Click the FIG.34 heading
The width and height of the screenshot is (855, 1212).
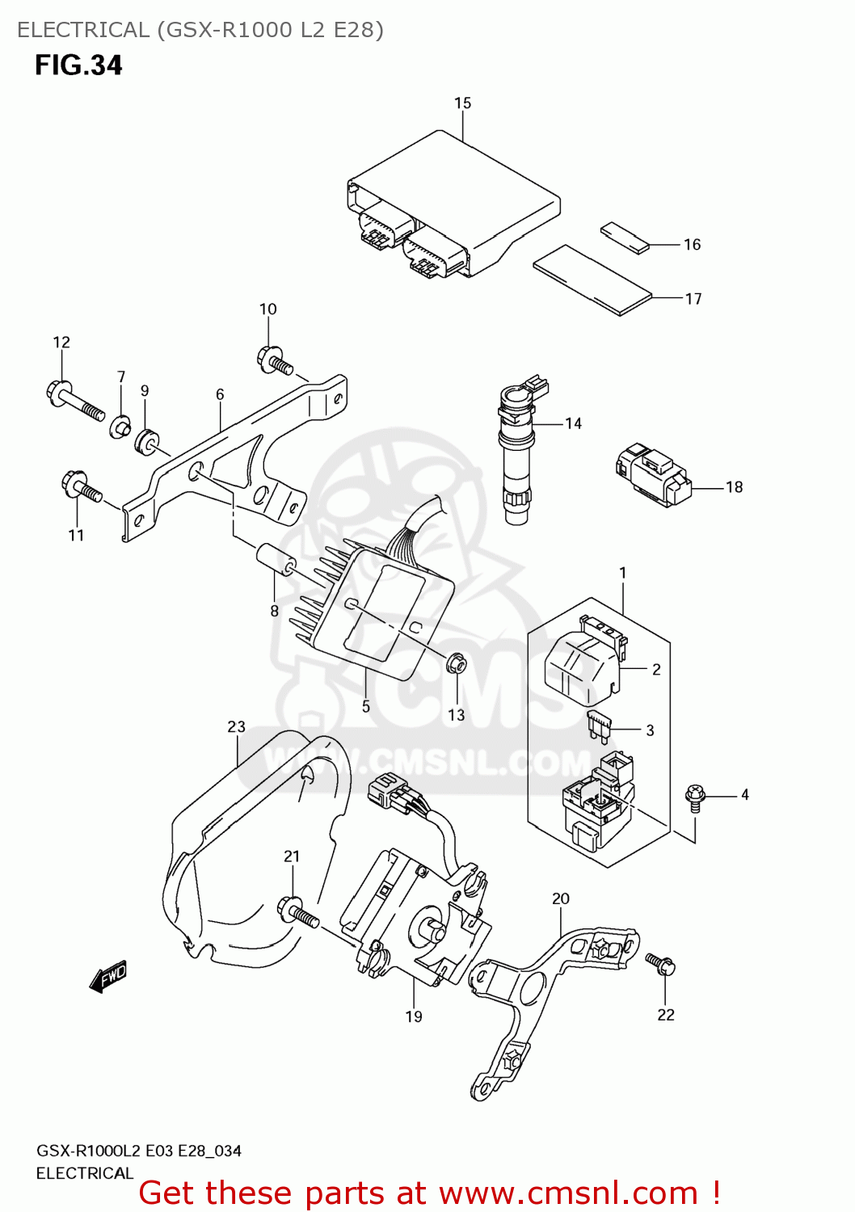(x=78, y=65)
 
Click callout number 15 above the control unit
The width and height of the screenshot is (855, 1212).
(x=462, y=103)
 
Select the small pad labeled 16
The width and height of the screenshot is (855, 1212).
(x=625, y=238)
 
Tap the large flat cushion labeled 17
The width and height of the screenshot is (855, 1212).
(x=592, y=280)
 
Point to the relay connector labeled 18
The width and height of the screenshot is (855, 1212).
(x=653, y=474)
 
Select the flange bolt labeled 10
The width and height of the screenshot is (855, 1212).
(x=275, y=361)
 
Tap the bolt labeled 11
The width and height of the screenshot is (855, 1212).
(x=81, y=487)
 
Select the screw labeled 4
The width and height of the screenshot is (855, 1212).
(x=694, y=796)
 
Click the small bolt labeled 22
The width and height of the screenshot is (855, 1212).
(x=661, y=963)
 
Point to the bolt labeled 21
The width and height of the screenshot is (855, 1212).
(x=297, y=912)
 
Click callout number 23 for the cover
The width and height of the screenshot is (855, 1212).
(x=236, y=727)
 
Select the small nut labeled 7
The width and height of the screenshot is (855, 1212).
(x=120, y=425)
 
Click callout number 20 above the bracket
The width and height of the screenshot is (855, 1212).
(x=561, y=898)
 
